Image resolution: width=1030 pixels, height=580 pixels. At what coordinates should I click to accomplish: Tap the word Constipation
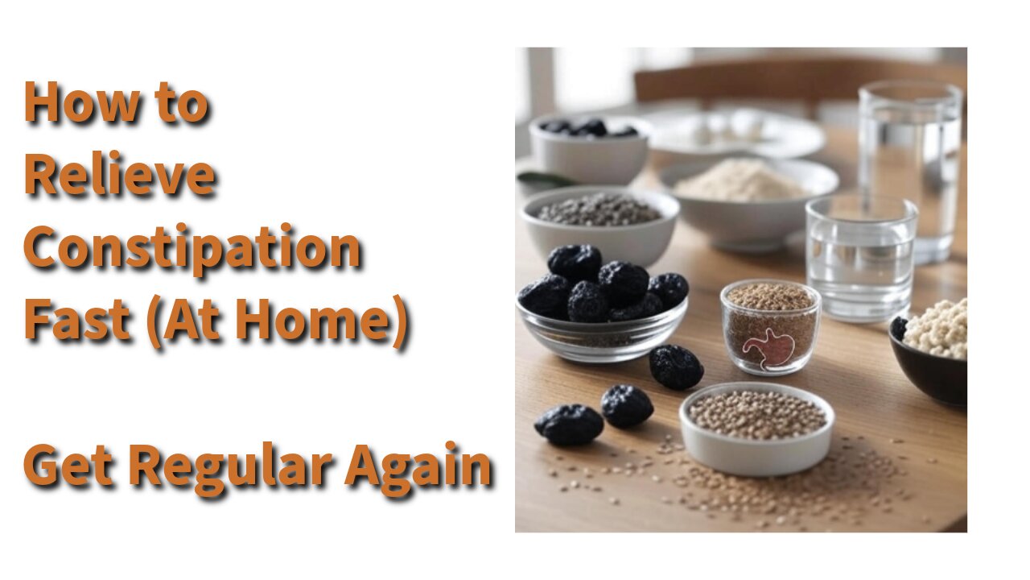(x=192, y=249)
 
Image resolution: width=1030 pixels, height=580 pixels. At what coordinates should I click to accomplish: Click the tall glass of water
(x=909, y=170)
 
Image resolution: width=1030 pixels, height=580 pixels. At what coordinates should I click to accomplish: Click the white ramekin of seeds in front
(x=756, y=428)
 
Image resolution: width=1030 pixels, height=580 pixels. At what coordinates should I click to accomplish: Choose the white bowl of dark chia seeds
(x=599, y=226)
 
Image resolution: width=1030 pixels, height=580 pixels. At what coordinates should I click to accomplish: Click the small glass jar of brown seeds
(x=770, y=327)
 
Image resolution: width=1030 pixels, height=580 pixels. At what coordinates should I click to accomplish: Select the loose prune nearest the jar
(x=676, y=367)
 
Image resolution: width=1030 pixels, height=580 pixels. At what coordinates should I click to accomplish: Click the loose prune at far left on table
(x=569, y=425)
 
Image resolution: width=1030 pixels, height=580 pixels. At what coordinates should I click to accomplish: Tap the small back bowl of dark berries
(x=590, y=148)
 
